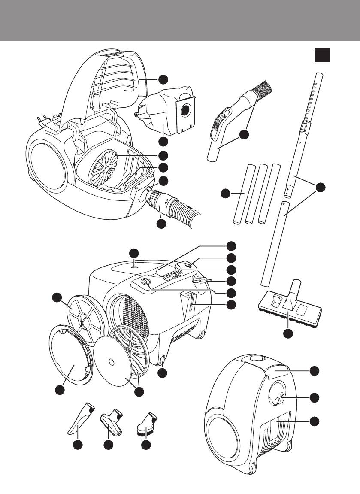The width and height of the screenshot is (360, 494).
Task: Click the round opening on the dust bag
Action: (x=185, y=110)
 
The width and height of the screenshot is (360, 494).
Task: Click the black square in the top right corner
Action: (x=322, y=55)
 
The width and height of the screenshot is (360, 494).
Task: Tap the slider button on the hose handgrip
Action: (x=218, y=119)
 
